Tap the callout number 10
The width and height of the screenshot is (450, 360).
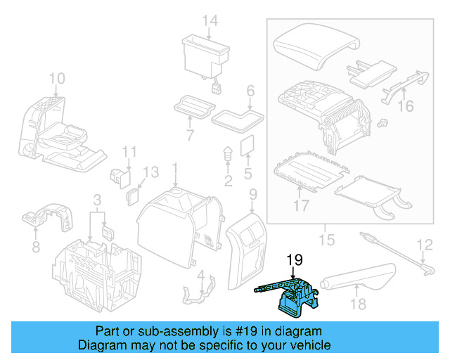pos(57,77)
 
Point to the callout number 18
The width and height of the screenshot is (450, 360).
pos(358,304)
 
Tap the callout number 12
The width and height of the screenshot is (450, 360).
pos(425,245)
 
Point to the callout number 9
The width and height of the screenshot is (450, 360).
pos(252,193)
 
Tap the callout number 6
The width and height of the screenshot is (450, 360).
pos(249,90)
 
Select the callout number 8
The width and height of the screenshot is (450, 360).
pos(36,247)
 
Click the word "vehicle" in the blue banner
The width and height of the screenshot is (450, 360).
pos(296,345)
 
